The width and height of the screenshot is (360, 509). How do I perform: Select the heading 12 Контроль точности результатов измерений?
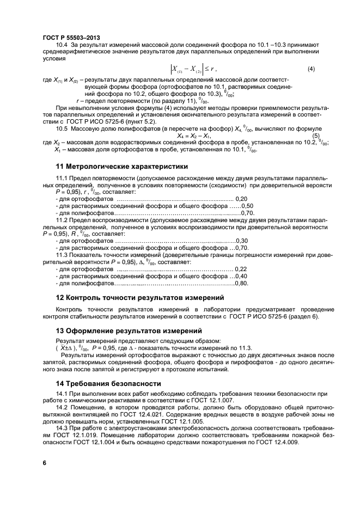[x=141, y=297]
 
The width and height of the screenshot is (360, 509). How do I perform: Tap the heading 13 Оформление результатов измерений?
[x=129, y=330]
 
